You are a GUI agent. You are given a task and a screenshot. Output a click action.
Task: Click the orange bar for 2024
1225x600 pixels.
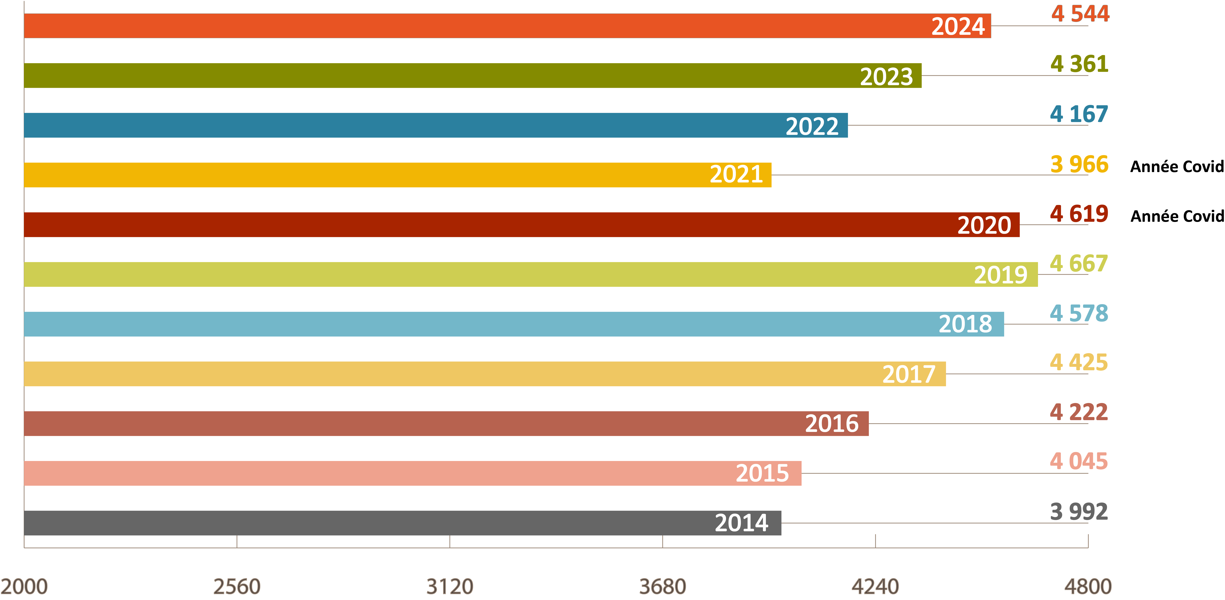click(x=476, y=26)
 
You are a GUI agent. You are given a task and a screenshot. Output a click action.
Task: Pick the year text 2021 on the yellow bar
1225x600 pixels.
click(x=736, y=174)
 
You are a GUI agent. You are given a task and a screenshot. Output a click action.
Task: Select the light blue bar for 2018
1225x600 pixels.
click(x=476, y=324)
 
